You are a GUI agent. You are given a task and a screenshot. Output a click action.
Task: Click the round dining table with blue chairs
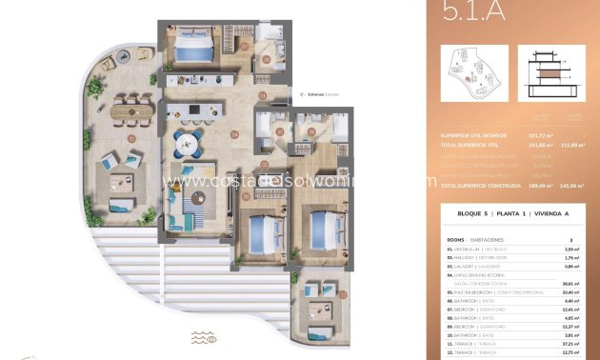pyautogui.click(x=186, y=145)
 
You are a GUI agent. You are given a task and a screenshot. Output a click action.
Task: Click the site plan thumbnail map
pyautogui.click(x=476, y=76)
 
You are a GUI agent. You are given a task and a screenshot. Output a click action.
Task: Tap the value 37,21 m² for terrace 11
pyautogui.click(x=571, y=343)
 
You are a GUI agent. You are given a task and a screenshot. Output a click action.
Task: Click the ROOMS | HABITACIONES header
pyautogui.click(x=476, y=240)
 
